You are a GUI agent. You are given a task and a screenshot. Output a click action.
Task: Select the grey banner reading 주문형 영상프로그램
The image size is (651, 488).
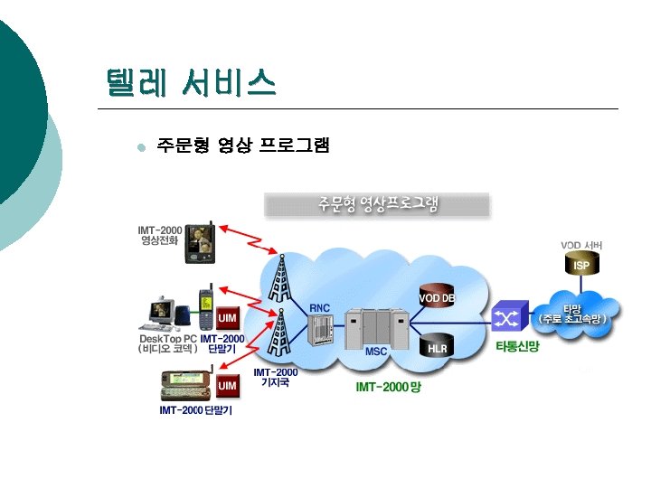(x=377, y=204)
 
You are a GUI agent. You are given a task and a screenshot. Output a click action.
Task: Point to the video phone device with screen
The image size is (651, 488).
(x=199, y=242)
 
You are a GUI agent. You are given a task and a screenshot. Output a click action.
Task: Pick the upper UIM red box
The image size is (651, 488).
(x=229, y=319)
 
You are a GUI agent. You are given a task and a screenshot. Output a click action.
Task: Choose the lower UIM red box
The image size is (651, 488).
(x=228, y=386)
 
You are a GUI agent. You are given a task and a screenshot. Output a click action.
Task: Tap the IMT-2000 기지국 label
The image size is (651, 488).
(x=275, y=377)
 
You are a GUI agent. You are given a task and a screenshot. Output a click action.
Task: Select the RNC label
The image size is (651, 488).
(x=320, y=308)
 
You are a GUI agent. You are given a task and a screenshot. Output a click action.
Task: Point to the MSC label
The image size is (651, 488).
(x=376, y=352)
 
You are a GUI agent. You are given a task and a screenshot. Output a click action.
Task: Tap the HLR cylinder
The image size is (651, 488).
(x=438, y=346)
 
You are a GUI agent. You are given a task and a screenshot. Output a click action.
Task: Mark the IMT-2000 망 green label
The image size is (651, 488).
(x=389, y=387)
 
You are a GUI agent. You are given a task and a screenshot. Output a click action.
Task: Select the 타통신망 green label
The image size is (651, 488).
(x=517, y=347)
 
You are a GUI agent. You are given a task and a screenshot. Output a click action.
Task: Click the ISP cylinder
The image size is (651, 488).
(x=580, y=265)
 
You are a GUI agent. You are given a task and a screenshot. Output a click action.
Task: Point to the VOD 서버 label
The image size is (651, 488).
(x=581, y=244)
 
